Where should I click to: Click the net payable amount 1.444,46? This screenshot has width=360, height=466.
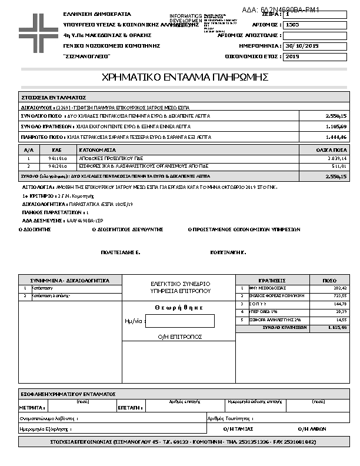tap(336, 137)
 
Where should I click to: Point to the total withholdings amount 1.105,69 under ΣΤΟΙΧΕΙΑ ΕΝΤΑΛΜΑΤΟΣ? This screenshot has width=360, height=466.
tap(336, 127)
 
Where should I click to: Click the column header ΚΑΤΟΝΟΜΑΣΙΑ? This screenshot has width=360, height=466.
tap(98, 151)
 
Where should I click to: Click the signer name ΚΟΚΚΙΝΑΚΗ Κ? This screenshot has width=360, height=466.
tap(228, 251)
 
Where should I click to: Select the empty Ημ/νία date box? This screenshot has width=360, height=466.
tap(179, 321)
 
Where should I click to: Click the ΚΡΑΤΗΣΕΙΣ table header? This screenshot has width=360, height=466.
tap(272, 281)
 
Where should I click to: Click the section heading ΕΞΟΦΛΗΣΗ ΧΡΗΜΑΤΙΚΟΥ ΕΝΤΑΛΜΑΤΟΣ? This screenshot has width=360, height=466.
tap(68, 394)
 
